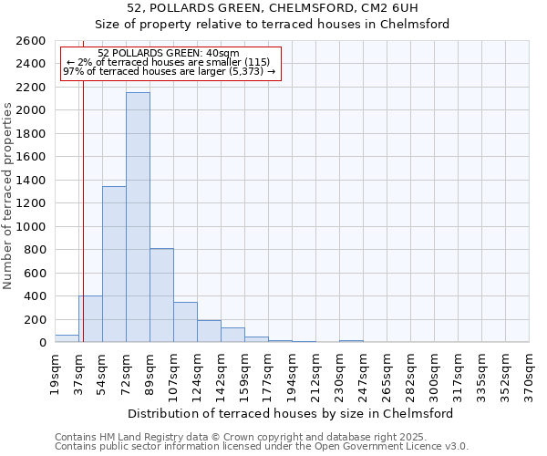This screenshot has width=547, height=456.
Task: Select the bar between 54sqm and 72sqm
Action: point(114,264)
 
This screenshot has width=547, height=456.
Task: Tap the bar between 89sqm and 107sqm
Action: point(161,295)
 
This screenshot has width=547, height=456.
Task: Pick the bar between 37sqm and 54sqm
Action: point(90,319)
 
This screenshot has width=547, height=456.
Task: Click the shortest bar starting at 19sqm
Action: point(67,338)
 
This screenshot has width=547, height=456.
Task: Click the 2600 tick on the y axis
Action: point(29,41)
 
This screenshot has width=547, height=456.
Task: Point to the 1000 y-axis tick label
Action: point(29,226)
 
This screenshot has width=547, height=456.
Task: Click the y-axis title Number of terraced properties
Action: point(8,196)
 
